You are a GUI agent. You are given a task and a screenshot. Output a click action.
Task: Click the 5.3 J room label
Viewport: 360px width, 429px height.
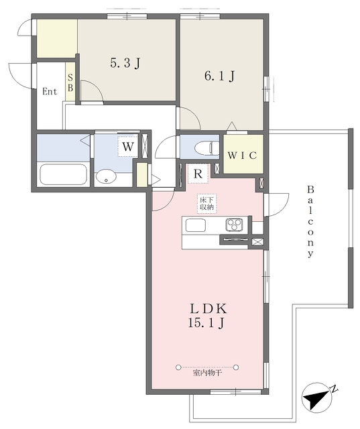[x=125, y=63]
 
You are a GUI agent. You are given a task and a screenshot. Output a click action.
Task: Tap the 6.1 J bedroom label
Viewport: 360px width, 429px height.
[x=219, y=76]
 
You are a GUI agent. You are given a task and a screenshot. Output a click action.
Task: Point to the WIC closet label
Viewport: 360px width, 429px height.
[x=243, y=156]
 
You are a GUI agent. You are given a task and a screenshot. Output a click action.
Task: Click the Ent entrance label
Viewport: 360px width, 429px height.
[x=50, y=91]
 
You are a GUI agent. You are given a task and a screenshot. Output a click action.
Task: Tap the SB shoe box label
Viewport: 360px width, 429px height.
[x=70, y=82]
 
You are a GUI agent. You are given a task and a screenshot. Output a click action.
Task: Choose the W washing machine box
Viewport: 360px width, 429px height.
[x=128, y=146]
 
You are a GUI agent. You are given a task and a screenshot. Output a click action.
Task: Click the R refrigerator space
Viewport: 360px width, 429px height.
[x=198, y=174]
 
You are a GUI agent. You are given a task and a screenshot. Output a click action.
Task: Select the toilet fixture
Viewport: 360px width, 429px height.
[x=207, y=148]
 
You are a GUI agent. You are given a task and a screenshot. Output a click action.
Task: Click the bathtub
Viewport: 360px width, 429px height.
[x=64, y=174]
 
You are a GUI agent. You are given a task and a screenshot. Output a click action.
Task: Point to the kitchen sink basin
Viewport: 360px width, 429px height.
[x=196, y=225]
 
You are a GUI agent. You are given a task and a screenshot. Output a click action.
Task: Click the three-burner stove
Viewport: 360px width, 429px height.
[x=234, y=225]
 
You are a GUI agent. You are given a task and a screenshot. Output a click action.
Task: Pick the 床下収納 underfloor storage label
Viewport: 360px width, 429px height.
[x=206, y=203]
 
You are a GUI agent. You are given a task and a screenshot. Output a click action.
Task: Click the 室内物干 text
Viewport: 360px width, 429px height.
[x=207, y=373]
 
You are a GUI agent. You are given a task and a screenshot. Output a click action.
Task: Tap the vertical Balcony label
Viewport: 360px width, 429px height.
[x=310, y=222]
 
